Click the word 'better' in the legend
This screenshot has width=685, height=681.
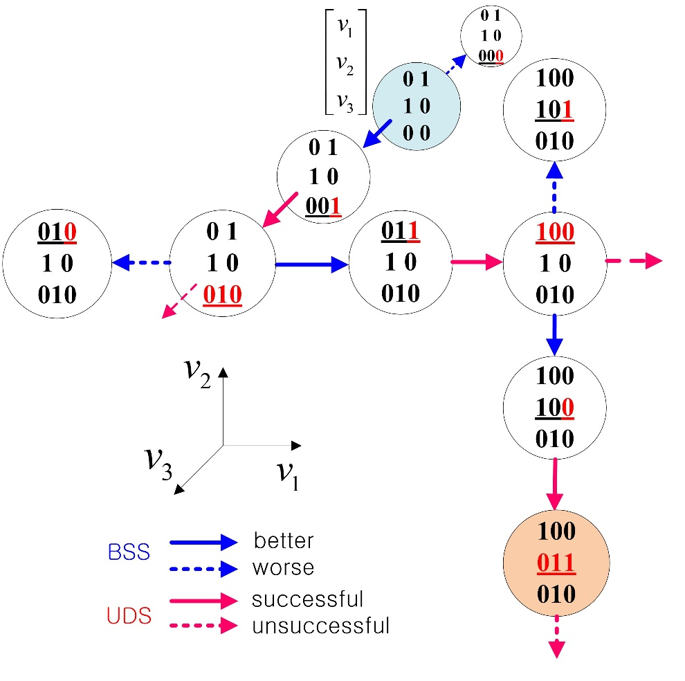(x=284, y=540)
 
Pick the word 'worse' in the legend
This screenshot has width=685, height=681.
(x=283, y=568)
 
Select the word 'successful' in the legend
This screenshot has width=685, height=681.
(x=308, y=599)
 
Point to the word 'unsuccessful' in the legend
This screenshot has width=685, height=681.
(x=320, y=627)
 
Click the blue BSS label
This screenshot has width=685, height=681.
(x=128, y=553)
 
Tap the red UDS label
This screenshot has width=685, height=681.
(x=129, y=615)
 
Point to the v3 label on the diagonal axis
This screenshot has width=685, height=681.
(x=159, y=462)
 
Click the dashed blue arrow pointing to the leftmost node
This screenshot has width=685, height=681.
(x=142, y=263)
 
